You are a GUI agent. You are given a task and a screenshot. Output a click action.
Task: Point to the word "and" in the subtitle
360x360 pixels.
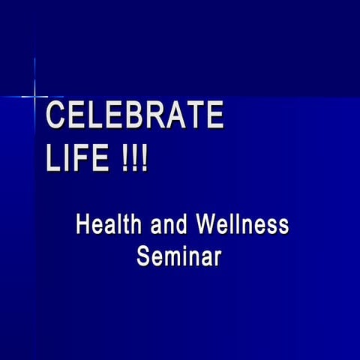click(x=169, y=224)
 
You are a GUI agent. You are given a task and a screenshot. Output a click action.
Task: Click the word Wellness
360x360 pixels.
click(x=241, y=224)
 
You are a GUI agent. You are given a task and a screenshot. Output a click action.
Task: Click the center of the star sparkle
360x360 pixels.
click(x=35, y=96)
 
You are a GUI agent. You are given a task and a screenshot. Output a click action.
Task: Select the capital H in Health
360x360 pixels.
click(x=83, y=224)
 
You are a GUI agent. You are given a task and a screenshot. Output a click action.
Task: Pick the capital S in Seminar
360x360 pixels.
click(x=143, y=256)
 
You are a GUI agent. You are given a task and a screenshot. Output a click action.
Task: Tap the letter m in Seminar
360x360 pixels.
click(x=175, y=258)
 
